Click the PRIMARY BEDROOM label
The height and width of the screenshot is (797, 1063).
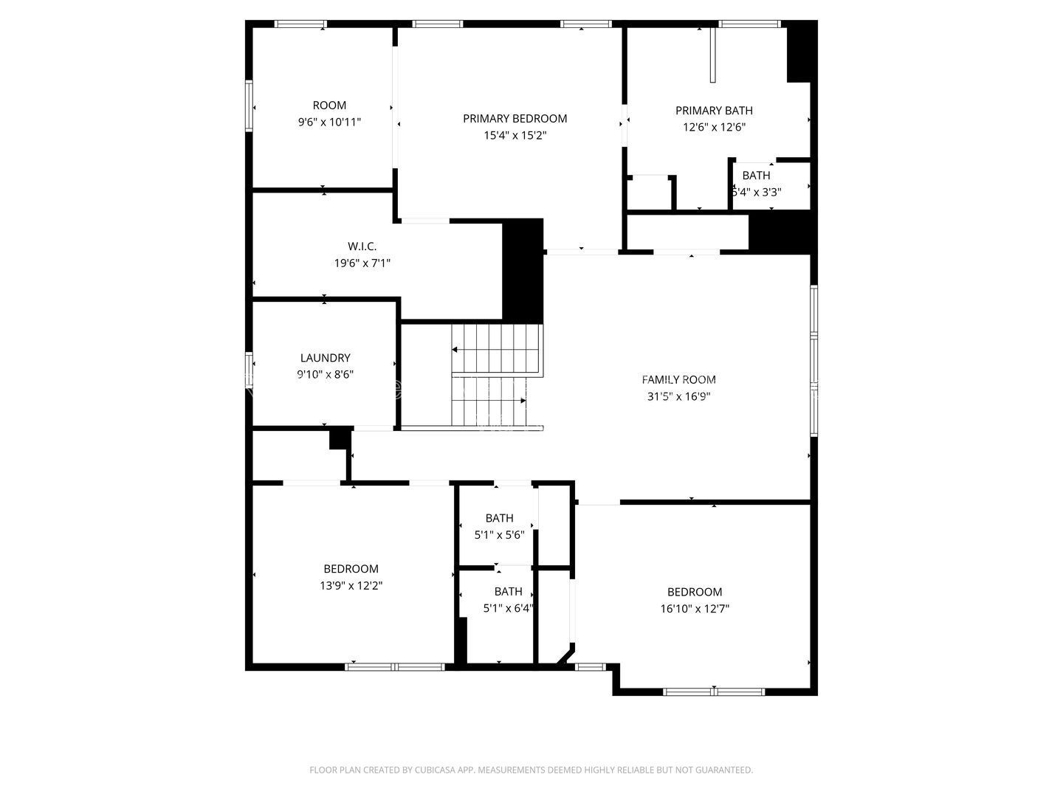pyautogui.click(x=515, y=119)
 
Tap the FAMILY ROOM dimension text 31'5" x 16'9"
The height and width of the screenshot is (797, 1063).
pyautogui.click(x=678, y=396)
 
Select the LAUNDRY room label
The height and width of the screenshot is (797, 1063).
pyautogui.click(x=325, y=358)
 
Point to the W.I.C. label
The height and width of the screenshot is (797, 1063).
pyautogui.click(x=362, y=246)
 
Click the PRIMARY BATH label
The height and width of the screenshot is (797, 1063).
pyautogui.click(x=714, y=111)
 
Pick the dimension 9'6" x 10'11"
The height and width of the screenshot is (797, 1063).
pyautogui.click(x=329, y=122)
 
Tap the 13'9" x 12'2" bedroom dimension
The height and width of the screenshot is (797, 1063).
pyautogui.click(x=351, y=585)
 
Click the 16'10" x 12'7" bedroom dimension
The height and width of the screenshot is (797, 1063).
pyautogui.click(x=695, y=608)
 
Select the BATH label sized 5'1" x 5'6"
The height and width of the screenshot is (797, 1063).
pyautogui.click(x=499, y=518)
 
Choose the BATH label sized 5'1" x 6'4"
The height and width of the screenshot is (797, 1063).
pyautogui.click(x=508, y=591)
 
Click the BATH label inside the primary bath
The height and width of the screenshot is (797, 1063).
pyautogui.click(x=756, y=175)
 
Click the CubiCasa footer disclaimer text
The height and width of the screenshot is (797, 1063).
pyautogui.click(x=531, y=770)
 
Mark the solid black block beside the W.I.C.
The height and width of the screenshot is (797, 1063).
pyautogui.click(x=523, y=271)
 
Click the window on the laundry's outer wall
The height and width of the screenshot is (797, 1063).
pyautogui.click(x=249, y=370)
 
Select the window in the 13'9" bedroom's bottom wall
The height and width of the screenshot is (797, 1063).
pyautogui.click(x=395, y=667)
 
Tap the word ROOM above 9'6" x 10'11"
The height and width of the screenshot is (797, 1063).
pyautogui.click(x=329, y=106)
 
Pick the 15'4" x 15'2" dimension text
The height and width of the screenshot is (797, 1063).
pyautogui.click(x=515, y=135)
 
